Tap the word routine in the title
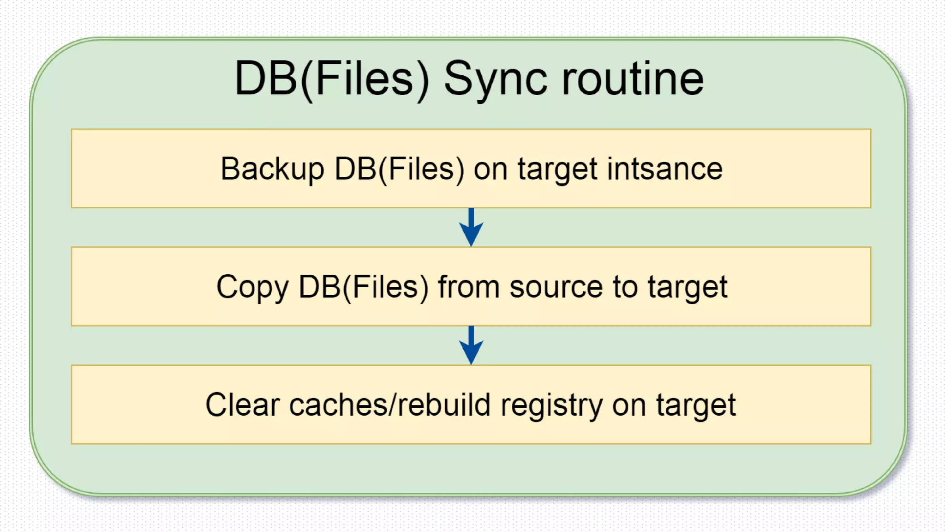(x=633, y=79)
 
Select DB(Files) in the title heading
(x=331, y=79)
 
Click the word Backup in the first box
(x=272, y=169)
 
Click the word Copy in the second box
(x=252, y=287)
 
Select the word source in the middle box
(x=556, y=287)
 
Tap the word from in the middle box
(x=468, y=287)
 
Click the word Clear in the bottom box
(x=243, y=405)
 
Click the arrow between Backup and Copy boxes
(x=471, y=227)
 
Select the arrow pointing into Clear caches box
(x=471, y=345)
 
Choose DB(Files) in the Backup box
(x=399, y=169)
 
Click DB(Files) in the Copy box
(x=364, y=287)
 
